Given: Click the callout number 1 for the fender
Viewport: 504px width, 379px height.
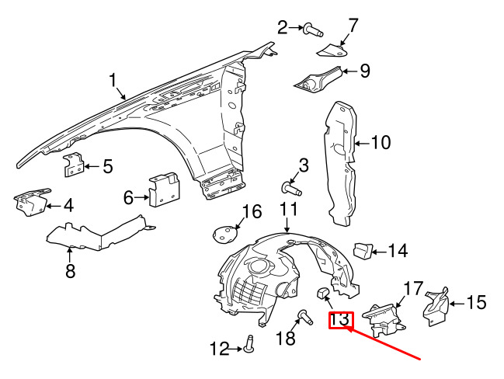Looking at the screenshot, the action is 112,80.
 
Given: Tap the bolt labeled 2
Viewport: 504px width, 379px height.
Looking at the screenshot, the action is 312,30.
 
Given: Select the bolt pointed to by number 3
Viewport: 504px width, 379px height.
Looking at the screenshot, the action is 291,189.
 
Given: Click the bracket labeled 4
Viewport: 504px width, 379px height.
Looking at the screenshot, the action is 31,202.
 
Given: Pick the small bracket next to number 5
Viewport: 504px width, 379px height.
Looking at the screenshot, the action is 73,165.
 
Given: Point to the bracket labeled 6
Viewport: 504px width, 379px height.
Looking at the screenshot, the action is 165,189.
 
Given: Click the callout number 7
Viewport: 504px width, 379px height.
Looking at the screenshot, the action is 353,26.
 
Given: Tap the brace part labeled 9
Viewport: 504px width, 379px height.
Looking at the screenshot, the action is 318,80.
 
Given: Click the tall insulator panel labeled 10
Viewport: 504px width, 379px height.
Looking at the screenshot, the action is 340,162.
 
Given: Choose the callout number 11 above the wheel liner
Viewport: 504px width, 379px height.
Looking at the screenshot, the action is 289,210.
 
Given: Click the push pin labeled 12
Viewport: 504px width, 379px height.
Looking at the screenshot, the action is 249,343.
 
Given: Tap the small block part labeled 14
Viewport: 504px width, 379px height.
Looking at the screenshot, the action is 363,250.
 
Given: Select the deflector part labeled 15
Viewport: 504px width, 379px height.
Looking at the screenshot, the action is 436,306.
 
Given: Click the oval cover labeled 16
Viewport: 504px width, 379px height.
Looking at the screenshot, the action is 225,235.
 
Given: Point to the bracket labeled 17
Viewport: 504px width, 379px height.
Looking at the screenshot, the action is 383,319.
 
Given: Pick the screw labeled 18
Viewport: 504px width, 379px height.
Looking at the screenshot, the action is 304,317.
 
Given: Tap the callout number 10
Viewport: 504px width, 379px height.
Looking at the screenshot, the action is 381,142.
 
